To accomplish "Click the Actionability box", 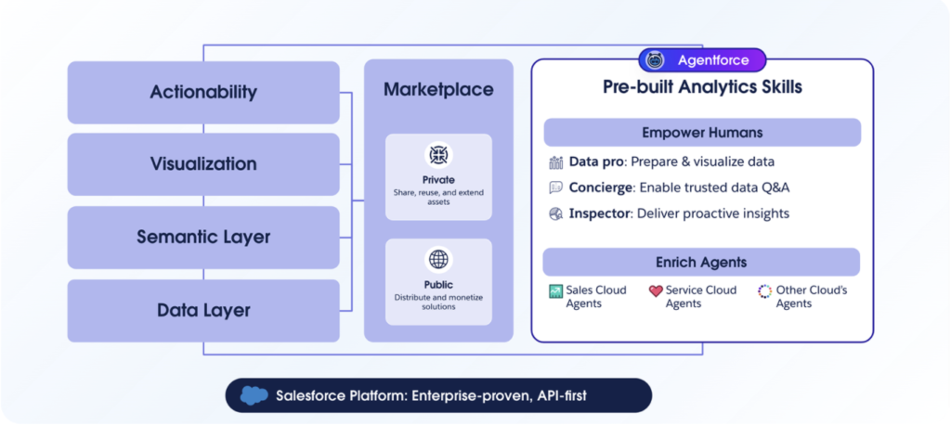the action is click(x=203, y=92).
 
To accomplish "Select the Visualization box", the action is click(x=203, y=164).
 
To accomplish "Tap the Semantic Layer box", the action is click(x=203, y=237).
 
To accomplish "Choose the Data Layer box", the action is click(x=203, y=310).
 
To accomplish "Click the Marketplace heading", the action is click(x=438, y=90).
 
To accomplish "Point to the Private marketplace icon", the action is click(x=438, y=154).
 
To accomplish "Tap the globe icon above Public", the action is click(x=438, y=259).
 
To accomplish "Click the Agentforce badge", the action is click(x=702, y=60).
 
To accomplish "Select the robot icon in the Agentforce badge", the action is click(x=655, y=60).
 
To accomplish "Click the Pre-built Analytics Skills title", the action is click(x=702, y=87).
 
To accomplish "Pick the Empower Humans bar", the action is click(x=702, y=132).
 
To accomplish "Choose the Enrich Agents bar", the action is click(x=701, y=262).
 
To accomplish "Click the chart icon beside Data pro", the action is click(x=556, y=161).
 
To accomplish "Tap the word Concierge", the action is click(x=601, y=187).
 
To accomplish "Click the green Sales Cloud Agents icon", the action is click(x=555, y=291).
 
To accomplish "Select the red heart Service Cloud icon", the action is click(x=656, y=291).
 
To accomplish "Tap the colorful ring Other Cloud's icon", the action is click(x=765, y=291).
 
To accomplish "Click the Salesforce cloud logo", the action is click(x=254, y=395).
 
